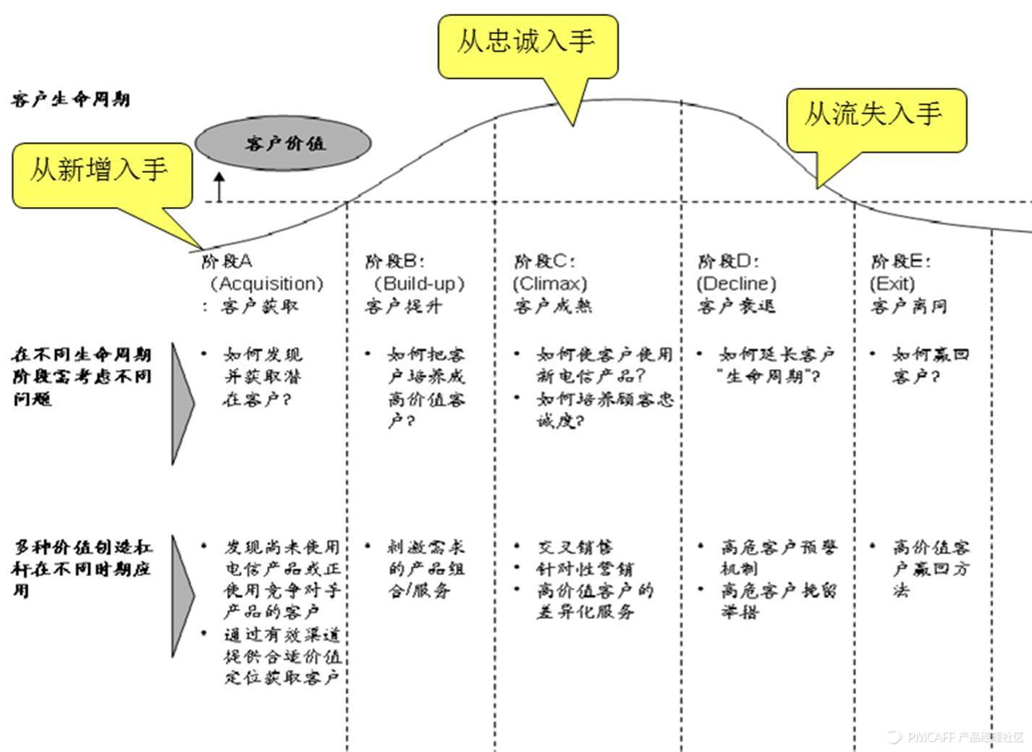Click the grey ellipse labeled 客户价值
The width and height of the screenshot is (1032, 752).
point(284,143)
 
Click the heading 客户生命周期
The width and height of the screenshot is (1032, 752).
point(70,99)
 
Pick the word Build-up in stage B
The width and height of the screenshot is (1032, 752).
point(419,284)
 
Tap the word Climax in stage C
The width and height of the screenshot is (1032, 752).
point(550,284)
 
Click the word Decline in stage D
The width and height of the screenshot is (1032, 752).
point(736,284)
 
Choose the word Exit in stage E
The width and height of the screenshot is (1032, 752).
point(892,284)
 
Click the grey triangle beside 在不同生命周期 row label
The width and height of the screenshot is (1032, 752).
point(182,402)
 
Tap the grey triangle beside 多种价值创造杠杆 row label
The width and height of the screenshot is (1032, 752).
point(182,595)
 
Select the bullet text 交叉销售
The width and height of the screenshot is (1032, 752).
point(575,547)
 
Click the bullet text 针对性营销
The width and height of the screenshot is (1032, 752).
point(585,569)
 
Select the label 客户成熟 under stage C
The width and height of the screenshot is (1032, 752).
point(553,306)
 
